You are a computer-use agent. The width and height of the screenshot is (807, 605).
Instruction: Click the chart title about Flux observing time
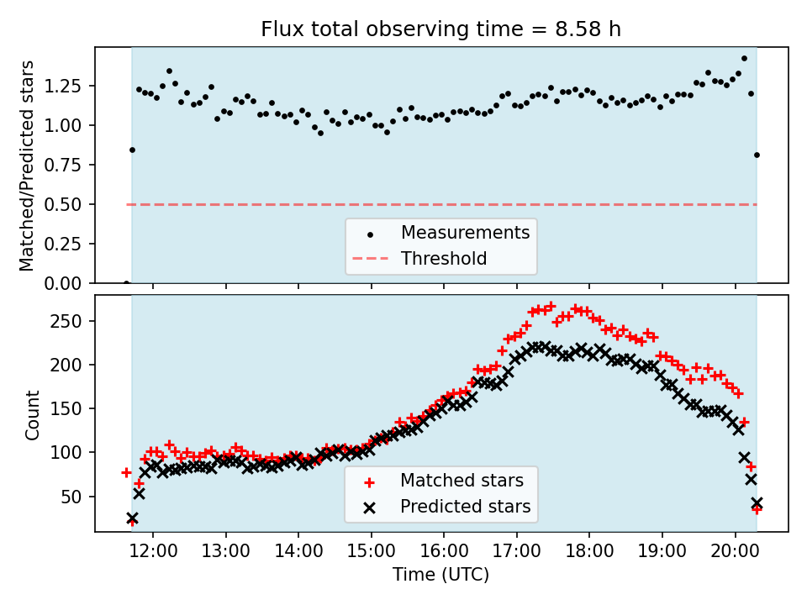(x=441, y=29)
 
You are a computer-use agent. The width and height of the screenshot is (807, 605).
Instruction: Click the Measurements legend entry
(x=465, y=232)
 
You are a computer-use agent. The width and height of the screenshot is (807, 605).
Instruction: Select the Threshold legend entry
(x=444, y=258)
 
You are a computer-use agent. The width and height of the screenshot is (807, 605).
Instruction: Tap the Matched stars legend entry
(x=462, y=481)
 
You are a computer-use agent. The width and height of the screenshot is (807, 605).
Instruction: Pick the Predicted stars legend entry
(x=465, y=507)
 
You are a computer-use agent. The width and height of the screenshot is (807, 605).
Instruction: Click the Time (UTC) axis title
(x=441, y=576)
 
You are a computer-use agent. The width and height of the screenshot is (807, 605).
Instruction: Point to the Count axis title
(x=33, y=414)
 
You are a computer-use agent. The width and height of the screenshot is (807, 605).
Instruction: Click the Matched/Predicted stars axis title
(x=28, y=166)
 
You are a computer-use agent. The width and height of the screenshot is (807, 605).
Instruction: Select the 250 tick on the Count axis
(x=72, y=321)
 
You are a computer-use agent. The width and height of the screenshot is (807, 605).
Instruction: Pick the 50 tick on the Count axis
(x=76, y=497)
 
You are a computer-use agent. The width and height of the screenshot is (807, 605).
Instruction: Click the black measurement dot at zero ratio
(x=126, y=283)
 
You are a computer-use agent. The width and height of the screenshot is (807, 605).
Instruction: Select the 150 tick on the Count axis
(x=72, y=409)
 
